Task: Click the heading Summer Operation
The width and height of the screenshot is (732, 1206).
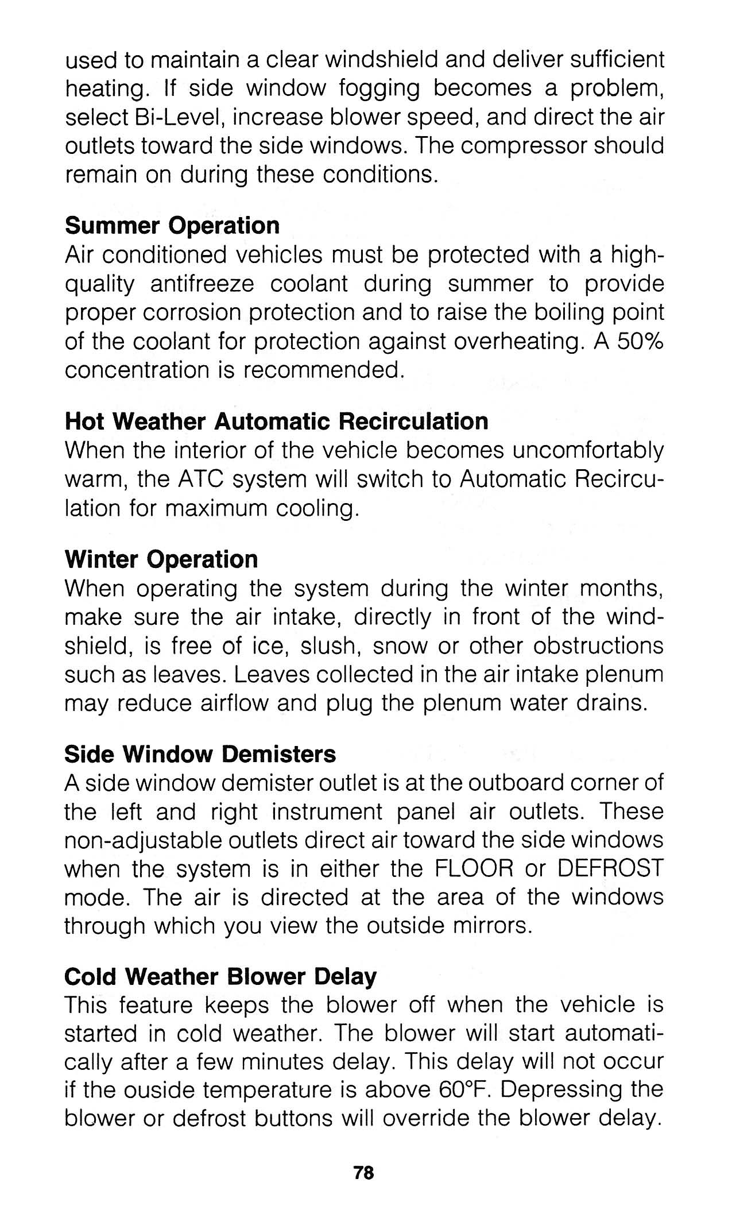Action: pos(172,226)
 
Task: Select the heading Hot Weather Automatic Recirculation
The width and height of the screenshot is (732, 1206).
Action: pos(276,422)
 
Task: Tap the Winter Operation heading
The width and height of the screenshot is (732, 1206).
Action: pos(161,559)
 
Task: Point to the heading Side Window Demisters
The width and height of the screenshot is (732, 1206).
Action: pos(200,754)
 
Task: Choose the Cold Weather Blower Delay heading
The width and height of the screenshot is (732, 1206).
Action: pos(220,976)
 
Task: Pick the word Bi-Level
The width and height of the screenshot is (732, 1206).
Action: pos(175,117)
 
